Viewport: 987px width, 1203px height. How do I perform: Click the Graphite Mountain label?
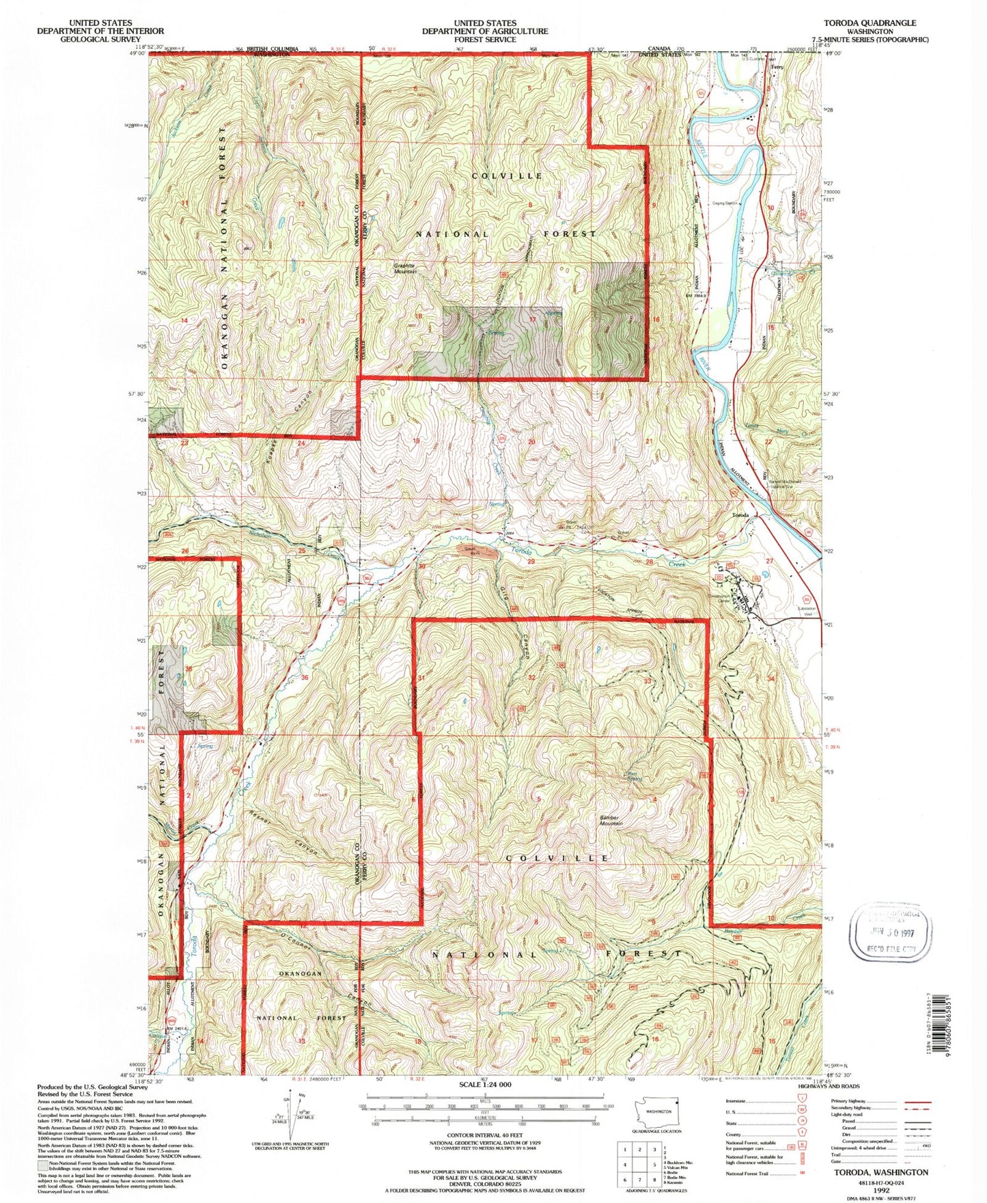click(x=405, y=268)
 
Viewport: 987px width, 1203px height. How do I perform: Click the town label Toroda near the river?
click(x=740, y=514)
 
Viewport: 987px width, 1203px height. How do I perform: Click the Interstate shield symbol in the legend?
click(x=799, y=1102)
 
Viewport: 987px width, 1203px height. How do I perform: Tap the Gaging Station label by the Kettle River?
click(x=727, y=203)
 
